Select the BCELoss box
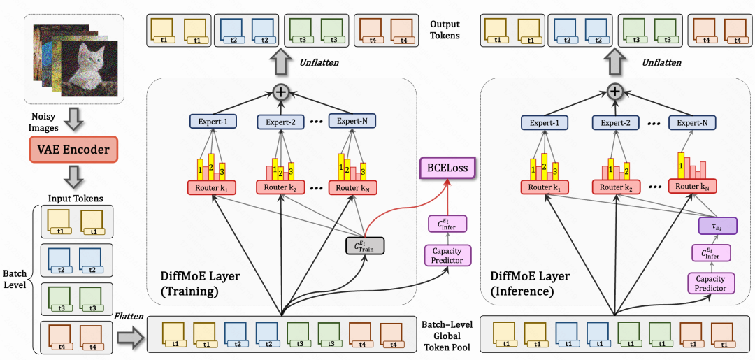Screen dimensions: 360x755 446,168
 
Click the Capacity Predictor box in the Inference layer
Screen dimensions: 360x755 710,282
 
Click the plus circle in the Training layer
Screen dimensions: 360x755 281,92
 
